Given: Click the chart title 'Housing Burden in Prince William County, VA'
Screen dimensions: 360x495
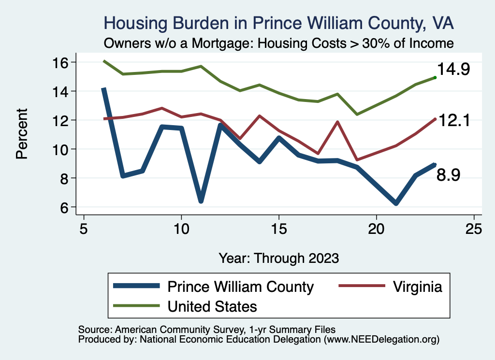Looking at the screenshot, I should (279, 23).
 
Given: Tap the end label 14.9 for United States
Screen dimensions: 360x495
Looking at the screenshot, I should (453, 70).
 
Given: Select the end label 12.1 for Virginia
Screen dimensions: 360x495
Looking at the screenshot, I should (453, 121).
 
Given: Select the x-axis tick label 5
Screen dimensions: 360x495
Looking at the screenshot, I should (84, 229).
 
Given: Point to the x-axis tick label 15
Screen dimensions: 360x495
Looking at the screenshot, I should (279, 229).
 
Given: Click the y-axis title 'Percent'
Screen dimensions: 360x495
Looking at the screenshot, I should (21, 134).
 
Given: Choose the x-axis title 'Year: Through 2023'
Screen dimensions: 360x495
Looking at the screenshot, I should (279, 258).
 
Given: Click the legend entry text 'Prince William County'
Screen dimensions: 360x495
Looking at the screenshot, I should (240, 287).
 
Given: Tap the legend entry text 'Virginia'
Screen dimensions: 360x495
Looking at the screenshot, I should (418, 287).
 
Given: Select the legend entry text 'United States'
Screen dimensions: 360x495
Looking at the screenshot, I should (212, 306).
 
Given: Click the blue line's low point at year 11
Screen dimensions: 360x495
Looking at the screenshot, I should (201, 201).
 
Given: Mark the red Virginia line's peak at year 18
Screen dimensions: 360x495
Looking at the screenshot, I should (337, 122).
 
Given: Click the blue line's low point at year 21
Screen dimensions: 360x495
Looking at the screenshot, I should (396, 203).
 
